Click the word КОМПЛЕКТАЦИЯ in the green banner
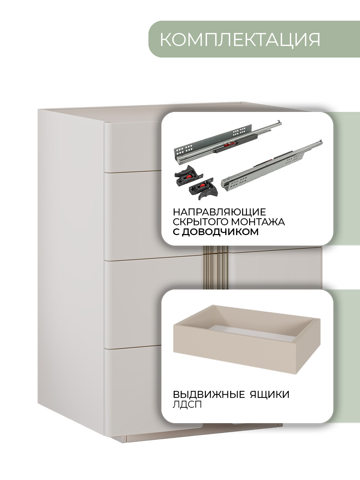[x=240, y=40]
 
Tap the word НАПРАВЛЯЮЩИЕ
[x=219, y=212]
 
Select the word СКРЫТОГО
[x=200, y=222]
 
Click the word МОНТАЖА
[x=258, y=222]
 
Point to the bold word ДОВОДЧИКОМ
[x=220, y=232]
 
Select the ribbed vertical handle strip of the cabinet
[x=216, y=268]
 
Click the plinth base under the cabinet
[x=197, y=435]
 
